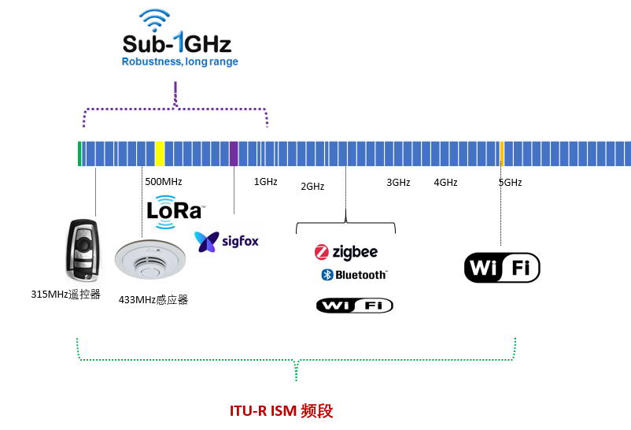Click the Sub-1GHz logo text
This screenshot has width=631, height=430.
point(177,42)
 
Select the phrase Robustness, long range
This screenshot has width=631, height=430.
point(179,61)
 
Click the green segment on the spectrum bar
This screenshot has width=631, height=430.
point(79,153)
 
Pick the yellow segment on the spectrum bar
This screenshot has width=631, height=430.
point(160,153)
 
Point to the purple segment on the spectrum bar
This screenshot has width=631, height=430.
point(234,153)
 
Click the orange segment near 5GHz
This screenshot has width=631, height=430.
point(501,153)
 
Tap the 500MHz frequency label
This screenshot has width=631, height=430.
point(164,181)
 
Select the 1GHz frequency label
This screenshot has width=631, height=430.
point(265,181)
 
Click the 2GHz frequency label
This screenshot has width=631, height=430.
point(312,187)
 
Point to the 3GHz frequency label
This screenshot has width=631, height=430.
point(398,182)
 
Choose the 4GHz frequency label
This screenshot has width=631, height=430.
point(445,182)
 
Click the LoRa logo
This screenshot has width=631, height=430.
point(175,212)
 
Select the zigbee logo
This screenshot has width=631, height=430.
point(346,252)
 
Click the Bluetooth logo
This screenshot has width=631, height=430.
point(353,275)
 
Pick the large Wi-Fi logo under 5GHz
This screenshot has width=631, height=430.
point(502,268)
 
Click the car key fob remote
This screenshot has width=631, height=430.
point(81,250)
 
